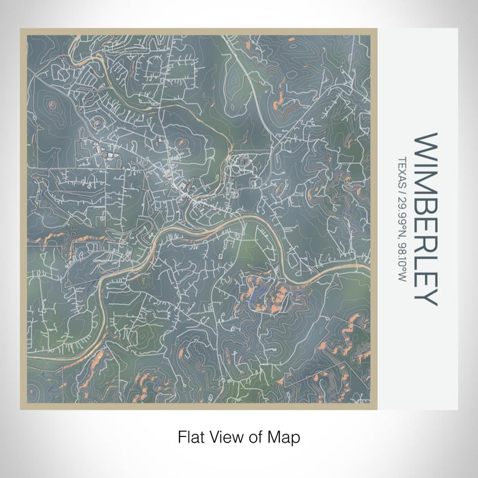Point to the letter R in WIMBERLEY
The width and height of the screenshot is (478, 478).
[x=425, y=236]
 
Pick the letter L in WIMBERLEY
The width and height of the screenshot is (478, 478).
[x=425, y=254]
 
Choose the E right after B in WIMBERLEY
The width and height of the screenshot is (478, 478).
[x=425, y=217]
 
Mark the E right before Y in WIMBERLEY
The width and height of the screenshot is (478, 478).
[x=425, y=272]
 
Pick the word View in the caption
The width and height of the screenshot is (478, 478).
[x=224, y=435]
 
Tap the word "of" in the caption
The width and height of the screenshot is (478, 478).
[x=253, y=435]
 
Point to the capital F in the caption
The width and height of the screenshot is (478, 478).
[x=180, y=435]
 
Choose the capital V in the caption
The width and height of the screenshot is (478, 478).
[x=212, y=435]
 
